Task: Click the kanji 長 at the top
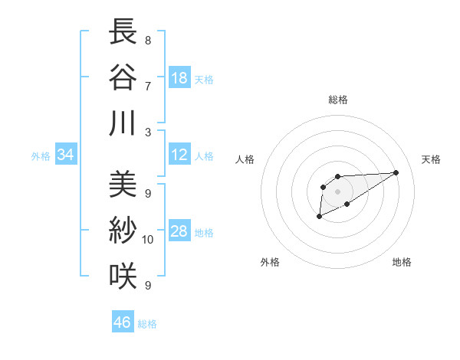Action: tap(123, 32)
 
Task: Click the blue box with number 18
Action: tap(179, 78)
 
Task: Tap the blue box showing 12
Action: tap(179, 155)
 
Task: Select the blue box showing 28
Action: tap(179, 232)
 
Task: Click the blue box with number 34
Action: tap(66, 155)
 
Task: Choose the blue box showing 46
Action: tap(123, 322)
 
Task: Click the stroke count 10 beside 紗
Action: tap(148, 240)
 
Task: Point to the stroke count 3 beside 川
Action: tap(148, 132)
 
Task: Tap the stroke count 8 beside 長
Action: tap(148, 40)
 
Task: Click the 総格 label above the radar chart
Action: tap(337, 100)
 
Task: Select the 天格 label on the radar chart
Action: tap(431, 159)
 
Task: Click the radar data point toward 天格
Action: tap(396, 172)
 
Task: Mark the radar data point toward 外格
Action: tap(320, 218)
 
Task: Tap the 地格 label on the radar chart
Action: tap(402, 263)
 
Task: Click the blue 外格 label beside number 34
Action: tap(40, 156)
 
